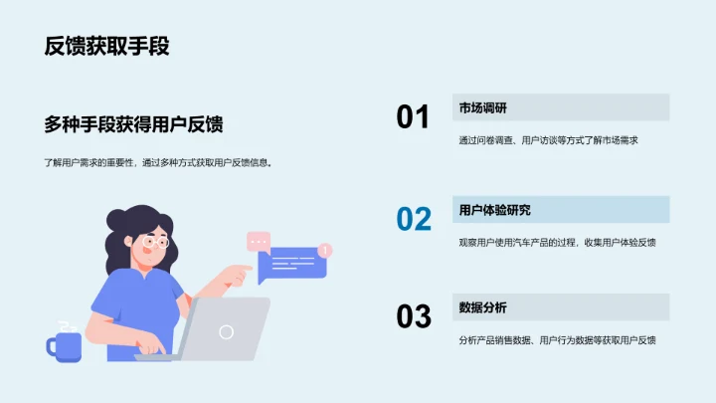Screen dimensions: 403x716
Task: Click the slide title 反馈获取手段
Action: click(112, 46)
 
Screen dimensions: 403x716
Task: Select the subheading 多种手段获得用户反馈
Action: click(133, 124)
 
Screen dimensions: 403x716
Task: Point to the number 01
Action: click(413, 117)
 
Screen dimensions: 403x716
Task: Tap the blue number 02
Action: click(414, 219)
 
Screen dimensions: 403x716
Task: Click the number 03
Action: click(414, 316)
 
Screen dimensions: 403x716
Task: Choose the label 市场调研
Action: click(484, 107)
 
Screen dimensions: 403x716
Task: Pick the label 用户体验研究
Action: click(494, 210)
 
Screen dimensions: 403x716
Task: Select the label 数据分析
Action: click(483, 307)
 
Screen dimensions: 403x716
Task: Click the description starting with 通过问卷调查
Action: click(547, 140)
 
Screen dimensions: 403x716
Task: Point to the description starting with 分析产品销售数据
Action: click(557, 340)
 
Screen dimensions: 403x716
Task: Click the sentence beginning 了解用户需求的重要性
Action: click(158, 162)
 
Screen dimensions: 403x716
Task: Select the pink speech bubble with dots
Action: click(259, 240)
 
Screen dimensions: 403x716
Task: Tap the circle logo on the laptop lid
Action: click(227, 331)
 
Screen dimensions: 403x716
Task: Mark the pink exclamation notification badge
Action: click(325, 250)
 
